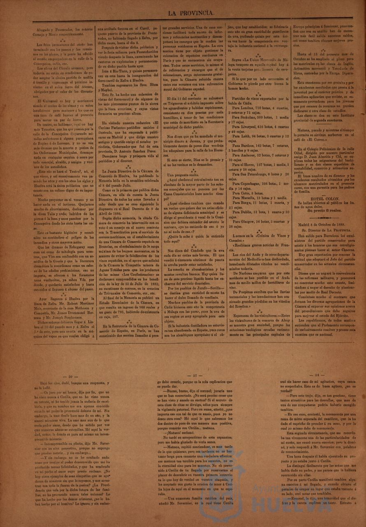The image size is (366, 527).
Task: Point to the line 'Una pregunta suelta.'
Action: [x=183, y=175]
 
